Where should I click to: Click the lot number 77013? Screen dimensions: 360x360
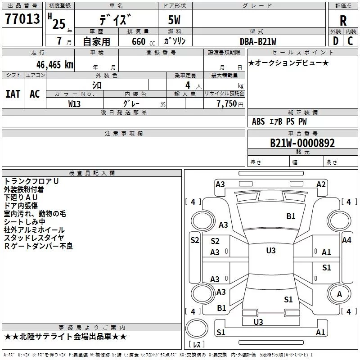click(22, 19)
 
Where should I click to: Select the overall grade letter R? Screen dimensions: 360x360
click(343, 21)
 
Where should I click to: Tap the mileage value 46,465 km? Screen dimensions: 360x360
click(54, 65)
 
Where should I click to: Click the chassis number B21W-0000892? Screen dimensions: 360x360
click(302, 143)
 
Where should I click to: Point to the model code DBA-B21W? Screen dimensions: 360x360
click(258, 41)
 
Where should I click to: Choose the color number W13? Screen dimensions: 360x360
click(74, 104)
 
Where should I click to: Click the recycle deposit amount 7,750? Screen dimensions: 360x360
click(226, 104)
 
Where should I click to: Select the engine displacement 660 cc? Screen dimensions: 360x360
click(143, 42)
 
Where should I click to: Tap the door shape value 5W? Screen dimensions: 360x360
click(174, 20)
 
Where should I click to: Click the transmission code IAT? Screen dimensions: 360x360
click(13, 94)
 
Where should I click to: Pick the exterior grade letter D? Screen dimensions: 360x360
click(336, 41)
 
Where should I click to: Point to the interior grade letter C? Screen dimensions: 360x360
click(350, 41)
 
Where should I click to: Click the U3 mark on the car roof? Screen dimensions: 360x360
click(271, 251)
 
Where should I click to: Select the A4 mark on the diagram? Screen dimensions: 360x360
click(346, 240)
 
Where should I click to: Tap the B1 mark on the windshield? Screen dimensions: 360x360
click(291, 216)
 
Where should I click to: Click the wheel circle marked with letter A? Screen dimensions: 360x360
click(339, 294)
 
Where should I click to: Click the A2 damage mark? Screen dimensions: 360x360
click(321, 184)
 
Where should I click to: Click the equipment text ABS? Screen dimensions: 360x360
click(258, 121)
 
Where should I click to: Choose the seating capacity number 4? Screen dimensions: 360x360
click(188, 85)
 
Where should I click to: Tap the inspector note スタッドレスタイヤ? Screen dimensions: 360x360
click(34, 238)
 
